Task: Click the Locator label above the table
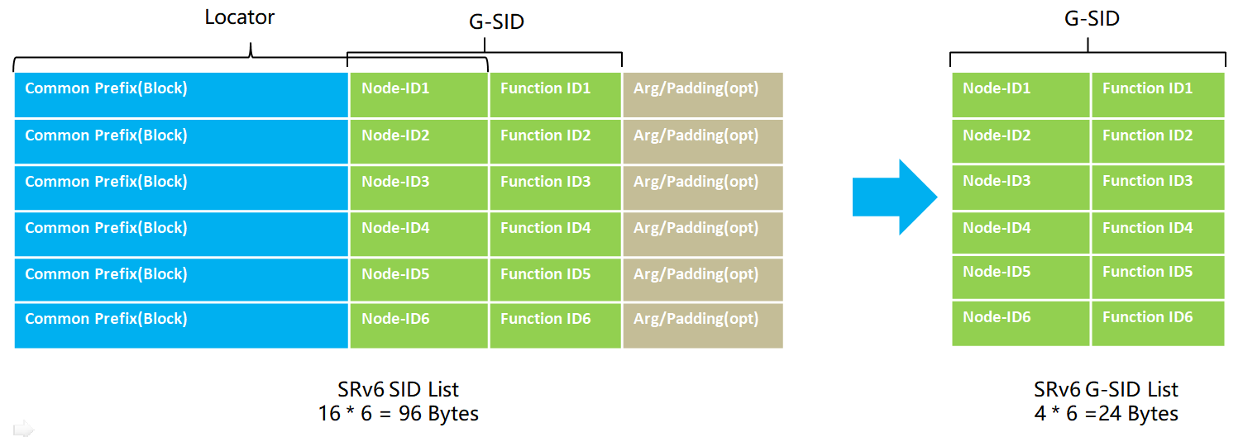(x=239, y=17)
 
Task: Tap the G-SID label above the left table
(x=496, y=21)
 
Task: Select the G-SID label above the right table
(x=1092, y=18)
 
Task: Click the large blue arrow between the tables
(x=895, y=197)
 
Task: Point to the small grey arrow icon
(x=23, y=429)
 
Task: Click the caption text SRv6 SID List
(x=398, y=389)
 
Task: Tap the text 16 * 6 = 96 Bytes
(x=398, y=414)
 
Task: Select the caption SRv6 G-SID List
(x=1106, y=389)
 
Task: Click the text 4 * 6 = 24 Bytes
(x=1106, y=414)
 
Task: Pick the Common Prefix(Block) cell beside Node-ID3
(x=181, y=188)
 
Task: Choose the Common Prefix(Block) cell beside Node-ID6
(x=181, y=325)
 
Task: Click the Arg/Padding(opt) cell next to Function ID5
(x=703, y=279)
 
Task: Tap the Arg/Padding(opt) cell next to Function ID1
(x=703, y=95)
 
